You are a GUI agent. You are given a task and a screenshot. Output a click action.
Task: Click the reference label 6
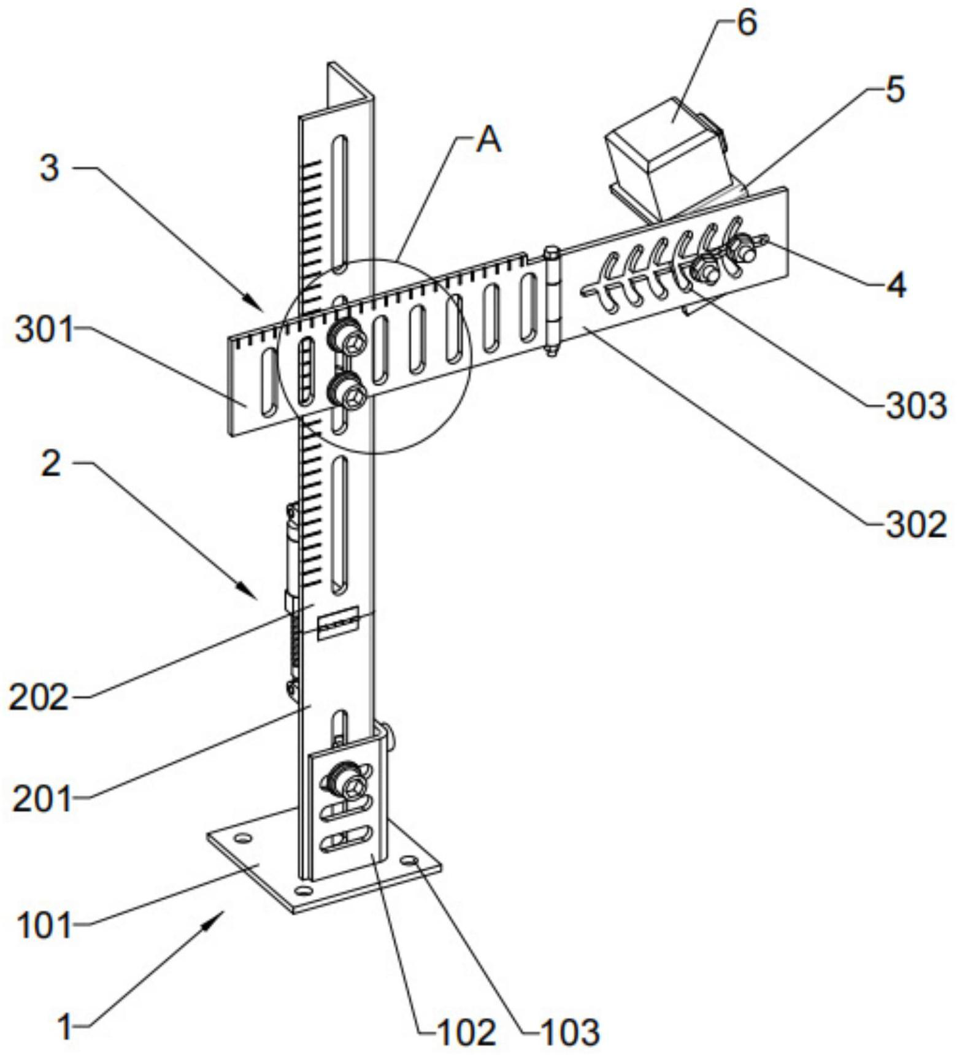click(747, 23)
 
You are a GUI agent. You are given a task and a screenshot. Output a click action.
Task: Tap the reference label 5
click(895, 90)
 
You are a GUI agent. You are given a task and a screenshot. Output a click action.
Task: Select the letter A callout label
click(489, 140)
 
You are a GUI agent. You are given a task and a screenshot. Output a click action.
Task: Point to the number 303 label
click(916, 407)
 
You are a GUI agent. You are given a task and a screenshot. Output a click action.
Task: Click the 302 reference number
click(916, 525)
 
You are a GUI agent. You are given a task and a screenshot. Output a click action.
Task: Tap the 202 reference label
click(38, 697)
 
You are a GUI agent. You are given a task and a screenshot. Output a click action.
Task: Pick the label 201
click(42, 800)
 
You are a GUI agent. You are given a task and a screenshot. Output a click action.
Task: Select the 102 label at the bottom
click(466, 1032)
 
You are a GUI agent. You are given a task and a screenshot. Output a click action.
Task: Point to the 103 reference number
click(569, 1032)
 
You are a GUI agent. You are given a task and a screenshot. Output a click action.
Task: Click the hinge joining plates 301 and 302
click(553, 300)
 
